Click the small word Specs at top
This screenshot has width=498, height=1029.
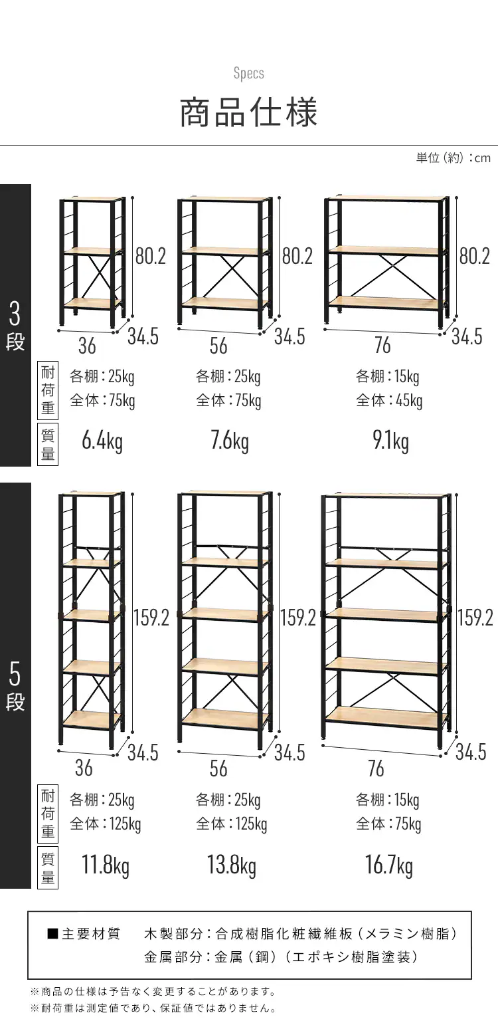click(x=249, y=74)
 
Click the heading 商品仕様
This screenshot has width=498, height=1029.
click(x=248, y=112)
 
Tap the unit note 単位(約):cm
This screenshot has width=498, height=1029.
click(x=454, y=158)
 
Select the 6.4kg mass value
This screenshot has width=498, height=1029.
click(x=102, y=441)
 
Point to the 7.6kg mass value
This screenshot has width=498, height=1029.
click(x=230, y=441)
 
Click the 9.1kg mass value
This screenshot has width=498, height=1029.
click(x=390, y=441)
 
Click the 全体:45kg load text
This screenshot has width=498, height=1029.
click(x=389, y=400)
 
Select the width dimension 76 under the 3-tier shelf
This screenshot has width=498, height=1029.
click(x=382, y=346)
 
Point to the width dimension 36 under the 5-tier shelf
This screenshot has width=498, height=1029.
click(x=84, y=768)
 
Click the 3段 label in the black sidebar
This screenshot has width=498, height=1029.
click(x=15, y=326)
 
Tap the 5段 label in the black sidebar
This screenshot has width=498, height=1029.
click(x=15, y=686)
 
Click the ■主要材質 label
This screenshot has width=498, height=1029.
click(x=84, y=934)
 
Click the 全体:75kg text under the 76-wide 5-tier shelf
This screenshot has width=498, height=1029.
click(x=388, y=824)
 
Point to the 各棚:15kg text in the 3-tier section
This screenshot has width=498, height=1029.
click(x=388, y=376)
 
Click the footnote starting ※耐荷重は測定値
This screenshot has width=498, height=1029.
click(x=154, y=1008)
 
